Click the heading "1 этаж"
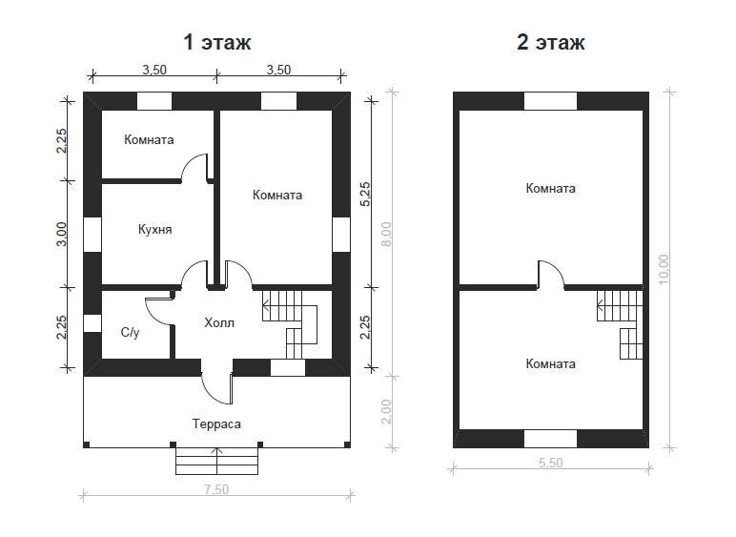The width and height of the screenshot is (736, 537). pyautogui.click(x=216, y=42)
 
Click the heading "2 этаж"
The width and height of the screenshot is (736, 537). pyautogui.click(x=551, y=42)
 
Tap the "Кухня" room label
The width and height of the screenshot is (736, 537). pyautogui.click(x=154, y=230)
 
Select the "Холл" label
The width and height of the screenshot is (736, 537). pyautogui.click(x=219, y=323)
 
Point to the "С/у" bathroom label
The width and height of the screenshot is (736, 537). pyautogui.click(x=130, y=332)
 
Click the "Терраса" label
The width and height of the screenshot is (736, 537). pyautogui.click(x=216, y=424)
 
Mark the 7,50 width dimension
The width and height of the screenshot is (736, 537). pyautogui.click(x=216, y=489)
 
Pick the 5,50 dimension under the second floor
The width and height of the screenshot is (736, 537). pyautogui.click(x=551, y=463)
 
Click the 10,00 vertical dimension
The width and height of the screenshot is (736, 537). pyautogui.click(x=664, y=269)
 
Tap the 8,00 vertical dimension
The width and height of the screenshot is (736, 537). pyautogui.click(x=386, y=235)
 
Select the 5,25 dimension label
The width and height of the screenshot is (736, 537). pyautogui.click(x=365, y=194)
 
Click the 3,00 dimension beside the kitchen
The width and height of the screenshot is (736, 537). pyautogui.click(x=61, y=235)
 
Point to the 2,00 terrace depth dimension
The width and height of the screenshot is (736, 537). pyautogui.click(x=386, y=412)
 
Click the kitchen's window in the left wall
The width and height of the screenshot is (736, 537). pyautogui.click(x=92, y=235)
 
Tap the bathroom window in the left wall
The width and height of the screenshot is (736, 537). pyautogui.click(x=92, y=323)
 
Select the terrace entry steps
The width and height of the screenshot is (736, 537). pyautogui.click(x=216, y=462)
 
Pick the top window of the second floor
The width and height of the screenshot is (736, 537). pyautogui.click(x=550, y=101)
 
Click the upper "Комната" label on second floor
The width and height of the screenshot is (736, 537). pyautogui.click(x=551, y=188)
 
